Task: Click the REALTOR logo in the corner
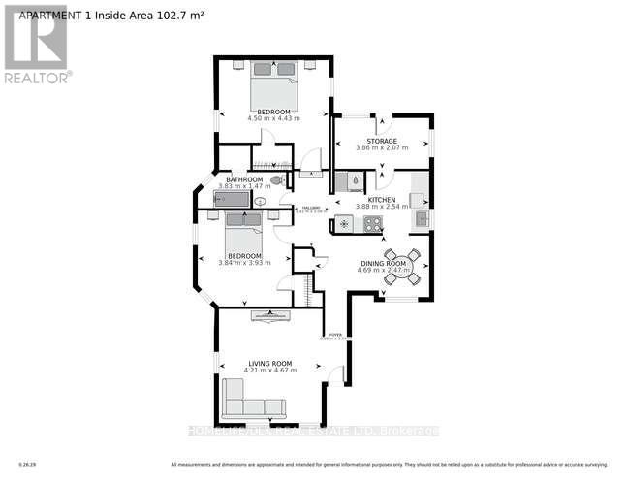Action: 36,44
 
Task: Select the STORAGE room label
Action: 381,141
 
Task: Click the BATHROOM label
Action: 244,179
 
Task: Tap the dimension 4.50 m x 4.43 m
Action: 273,118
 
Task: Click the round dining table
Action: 402,268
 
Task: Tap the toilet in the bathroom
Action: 278,180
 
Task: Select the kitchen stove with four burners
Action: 369,224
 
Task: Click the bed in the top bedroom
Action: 273,85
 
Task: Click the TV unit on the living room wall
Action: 269,315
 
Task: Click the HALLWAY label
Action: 310,209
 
